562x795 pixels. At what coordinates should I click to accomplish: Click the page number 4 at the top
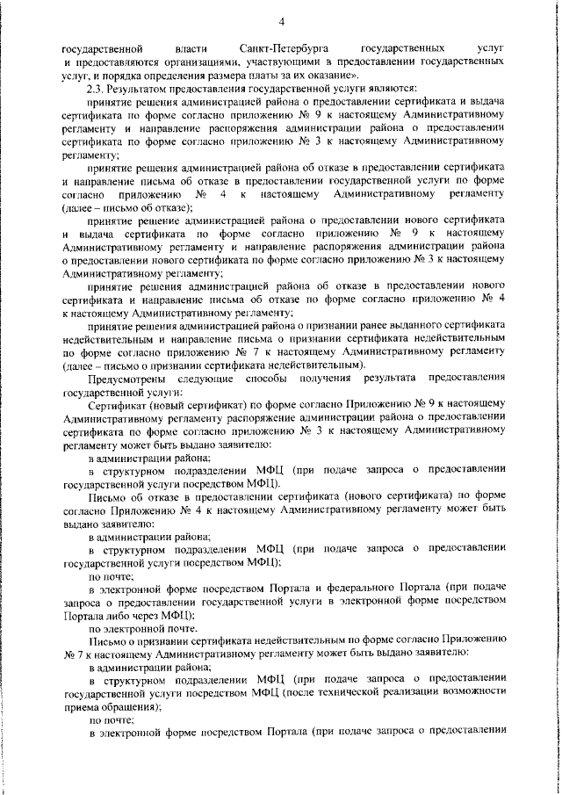(x=281, y=20)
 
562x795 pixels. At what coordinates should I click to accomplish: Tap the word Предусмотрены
(x=128, y=378)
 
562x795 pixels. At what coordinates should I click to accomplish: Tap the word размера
(x=186, y=76)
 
